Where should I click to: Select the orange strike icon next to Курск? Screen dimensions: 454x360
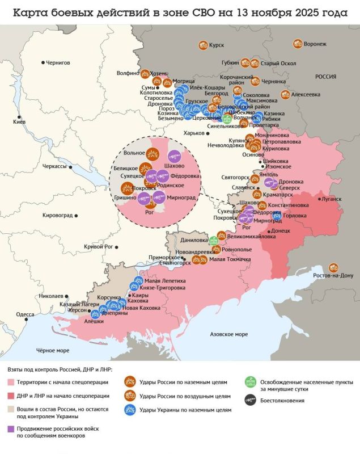(201, 45)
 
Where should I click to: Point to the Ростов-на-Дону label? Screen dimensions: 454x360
(333, 276)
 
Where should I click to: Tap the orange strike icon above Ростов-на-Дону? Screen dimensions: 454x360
(334, 267)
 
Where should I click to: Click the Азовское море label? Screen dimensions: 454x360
(228, 334)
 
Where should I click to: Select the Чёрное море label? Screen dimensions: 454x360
(53, 350)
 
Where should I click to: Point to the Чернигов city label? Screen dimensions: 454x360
(58, 63)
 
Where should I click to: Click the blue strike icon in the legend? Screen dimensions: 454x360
(130, 409)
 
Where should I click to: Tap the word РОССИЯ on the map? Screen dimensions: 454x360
(325, 77)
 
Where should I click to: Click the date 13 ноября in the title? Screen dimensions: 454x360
(286, 13)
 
